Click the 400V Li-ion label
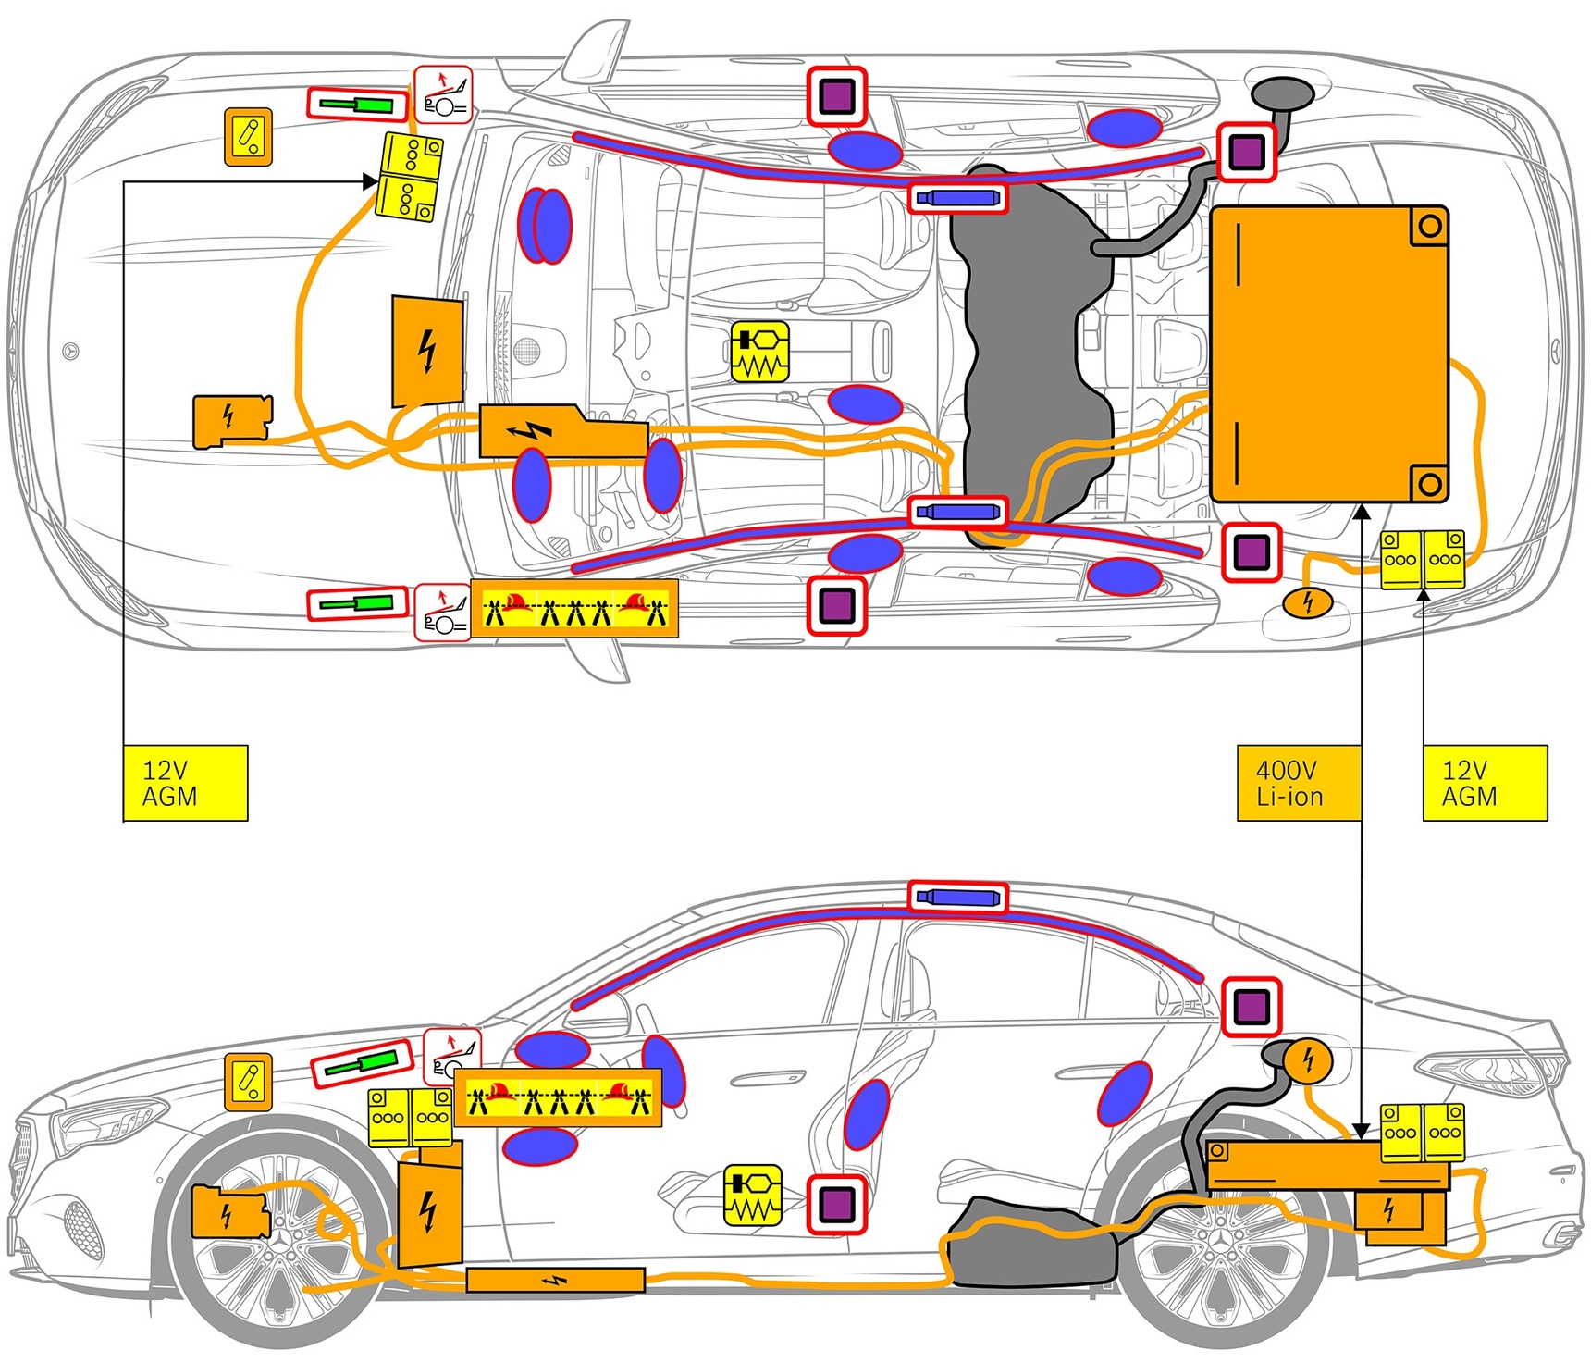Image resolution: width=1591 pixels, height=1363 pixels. tap(1299, 783)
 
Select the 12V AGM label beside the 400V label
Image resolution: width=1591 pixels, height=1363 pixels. tap(1484, 783)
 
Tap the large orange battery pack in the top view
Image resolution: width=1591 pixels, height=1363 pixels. tap(1328, 353)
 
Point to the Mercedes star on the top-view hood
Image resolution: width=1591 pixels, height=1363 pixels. tap(70, 352)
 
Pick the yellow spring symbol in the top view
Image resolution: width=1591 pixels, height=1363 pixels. tap(760, 352)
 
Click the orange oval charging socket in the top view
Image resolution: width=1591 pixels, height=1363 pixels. tap(1307, 602)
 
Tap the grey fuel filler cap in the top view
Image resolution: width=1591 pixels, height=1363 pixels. tap(1282, 93)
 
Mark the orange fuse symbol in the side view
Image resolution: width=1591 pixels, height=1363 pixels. tap(249, 1082)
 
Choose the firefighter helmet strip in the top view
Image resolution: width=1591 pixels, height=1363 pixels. tap(574, 608)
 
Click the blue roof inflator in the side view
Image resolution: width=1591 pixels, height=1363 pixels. tap(957, 897)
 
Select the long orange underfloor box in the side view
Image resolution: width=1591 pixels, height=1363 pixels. tap(555, 1280)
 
